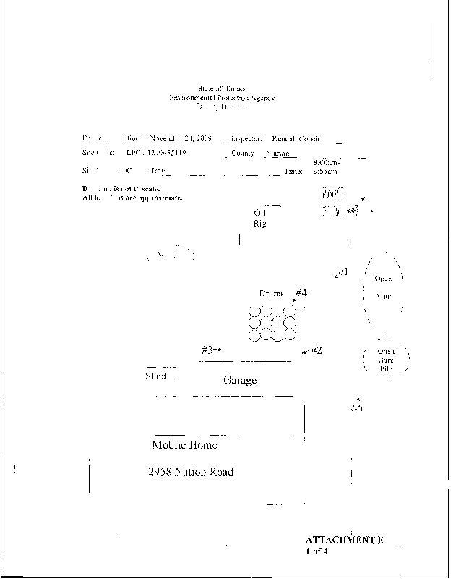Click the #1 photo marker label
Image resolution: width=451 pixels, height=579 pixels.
343,272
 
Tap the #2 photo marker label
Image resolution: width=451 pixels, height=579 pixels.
316,351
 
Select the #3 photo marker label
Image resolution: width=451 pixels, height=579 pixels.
208,350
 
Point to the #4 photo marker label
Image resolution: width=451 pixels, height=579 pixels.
301,293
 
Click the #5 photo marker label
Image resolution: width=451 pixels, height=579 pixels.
356,409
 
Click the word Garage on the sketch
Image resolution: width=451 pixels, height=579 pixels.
240,381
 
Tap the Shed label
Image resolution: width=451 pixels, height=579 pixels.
156,377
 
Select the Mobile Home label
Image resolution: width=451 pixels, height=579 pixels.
184,445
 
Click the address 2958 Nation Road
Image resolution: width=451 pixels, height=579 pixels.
190,473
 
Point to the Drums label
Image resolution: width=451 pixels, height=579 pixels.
272,294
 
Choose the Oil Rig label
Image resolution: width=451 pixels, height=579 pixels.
260,219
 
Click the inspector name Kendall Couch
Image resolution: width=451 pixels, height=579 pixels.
296,138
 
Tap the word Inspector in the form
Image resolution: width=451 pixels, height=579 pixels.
246,138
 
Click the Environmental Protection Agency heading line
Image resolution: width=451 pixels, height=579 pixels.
222,97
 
